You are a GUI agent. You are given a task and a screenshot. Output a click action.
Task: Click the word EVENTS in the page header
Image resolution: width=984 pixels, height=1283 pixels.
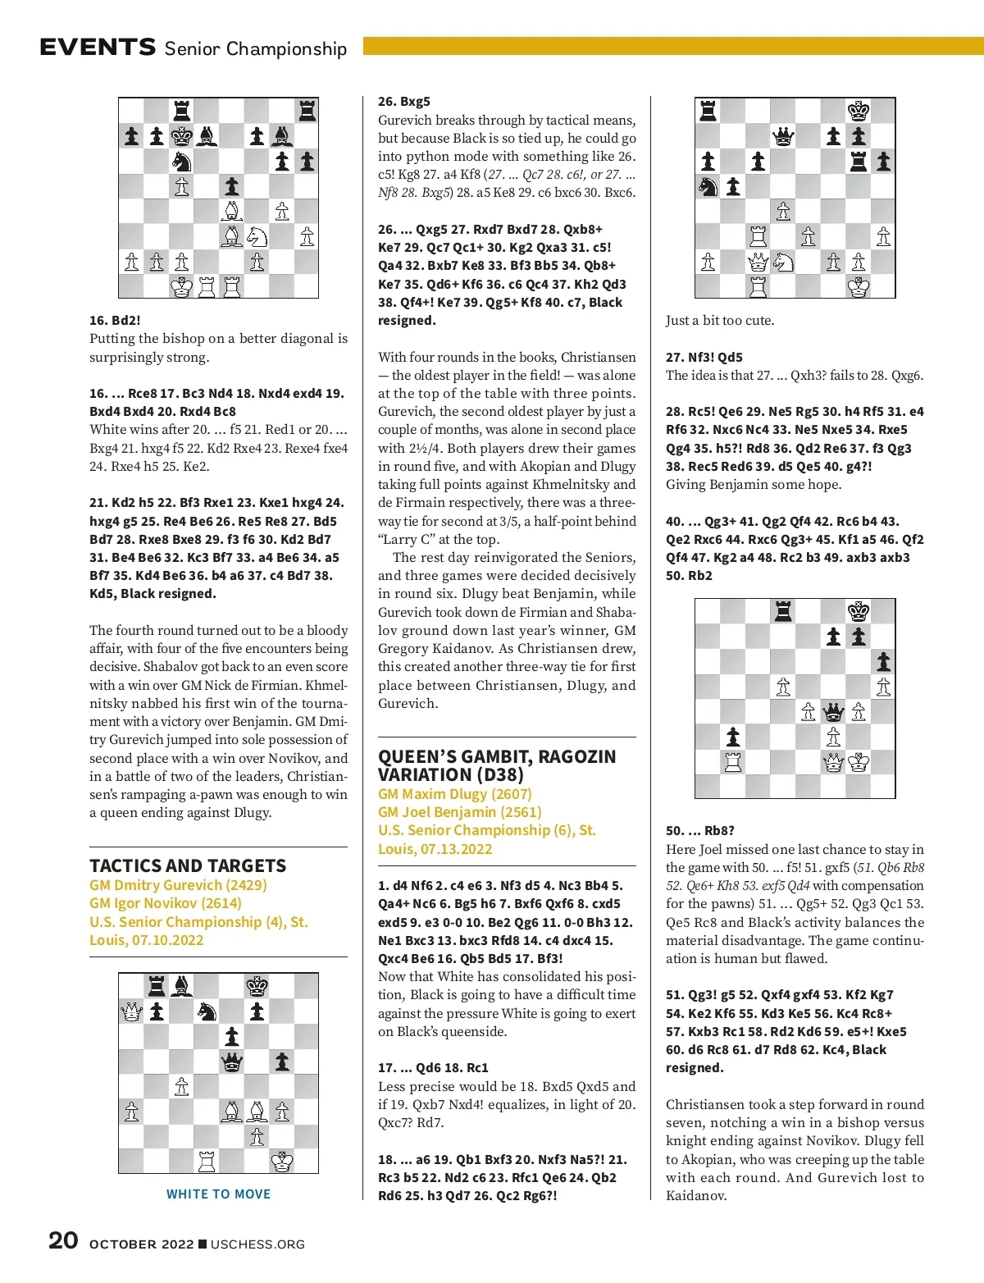click(98, 48)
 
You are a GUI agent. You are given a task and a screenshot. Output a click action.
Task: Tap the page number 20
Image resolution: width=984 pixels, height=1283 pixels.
click(63, 1240)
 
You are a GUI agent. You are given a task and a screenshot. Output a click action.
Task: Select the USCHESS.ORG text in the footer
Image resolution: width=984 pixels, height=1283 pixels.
click(257, 1244)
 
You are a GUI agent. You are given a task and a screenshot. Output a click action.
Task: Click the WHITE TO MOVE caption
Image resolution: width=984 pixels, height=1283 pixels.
click(218, 1194)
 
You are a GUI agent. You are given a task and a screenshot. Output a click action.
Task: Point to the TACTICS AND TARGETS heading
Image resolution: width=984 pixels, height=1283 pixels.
click(188, 865)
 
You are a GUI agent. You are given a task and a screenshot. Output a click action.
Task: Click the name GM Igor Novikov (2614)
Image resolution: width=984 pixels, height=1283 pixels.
click(166, 903)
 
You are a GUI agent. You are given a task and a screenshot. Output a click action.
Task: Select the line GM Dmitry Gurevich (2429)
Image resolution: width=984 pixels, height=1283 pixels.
click(178, 885)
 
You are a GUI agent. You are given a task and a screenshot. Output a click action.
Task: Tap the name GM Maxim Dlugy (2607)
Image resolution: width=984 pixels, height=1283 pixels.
click(454, 793)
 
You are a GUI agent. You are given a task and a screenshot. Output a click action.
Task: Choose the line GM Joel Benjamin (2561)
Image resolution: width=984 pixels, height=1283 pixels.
click(459, 811)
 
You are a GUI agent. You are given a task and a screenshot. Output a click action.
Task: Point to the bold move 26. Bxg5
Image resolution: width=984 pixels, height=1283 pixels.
click(403, 102)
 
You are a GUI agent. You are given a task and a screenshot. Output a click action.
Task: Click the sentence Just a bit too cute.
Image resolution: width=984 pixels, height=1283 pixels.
click(719, 320)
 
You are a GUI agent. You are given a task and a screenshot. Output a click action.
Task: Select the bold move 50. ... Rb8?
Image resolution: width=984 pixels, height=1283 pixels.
click(699, 830)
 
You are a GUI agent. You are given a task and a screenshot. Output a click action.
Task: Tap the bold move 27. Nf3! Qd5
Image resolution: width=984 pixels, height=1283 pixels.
click(704, 357)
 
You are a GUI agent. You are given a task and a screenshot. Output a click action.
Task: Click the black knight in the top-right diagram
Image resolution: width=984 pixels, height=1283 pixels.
click(708, 187)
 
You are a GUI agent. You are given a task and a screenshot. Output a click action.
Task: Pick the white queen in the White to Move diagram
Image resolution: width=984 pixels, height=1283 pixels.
click(131, 1011)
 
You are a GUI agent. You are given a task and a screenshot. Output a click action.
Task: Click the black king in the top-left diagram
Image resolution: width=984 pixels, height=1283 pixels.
click(181, 136)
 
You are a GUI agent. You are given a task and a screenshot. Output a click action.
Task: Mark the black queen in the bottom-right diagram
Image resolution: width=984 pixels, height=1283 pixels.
click(833, 711)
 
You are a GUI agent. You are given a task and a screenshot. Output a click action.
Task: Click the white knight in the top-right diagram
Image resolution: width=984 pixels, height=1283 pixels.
click(783, 262)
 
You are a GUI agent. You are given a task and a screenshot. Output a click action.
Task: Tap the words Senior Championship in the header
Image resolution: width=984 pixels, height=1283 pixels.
click(255, 48)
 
